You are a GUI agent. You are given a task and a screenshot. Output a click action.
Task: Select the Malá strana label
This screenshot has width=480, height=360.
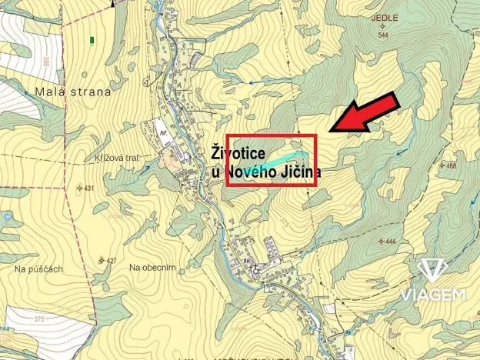tap(73, 92)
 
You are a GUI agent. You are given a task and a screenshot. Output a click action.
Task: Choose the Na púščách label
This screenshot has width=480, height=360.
tap(38, 268)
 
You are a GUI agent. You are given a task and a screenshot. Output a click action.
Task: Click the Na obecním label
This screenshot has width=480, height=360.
tap(153, 267)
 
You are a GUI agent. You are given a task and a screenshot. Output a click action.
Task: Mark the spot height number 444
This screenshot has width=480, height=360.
tap(389, 242)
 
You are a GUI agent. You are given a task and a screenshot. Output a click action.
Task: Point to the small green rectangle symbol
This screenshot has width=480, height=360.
tap(92, 38)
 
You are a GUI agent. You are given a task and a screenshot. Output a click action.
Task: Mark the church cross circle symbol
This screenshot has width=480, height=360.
tap(255, 268)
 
